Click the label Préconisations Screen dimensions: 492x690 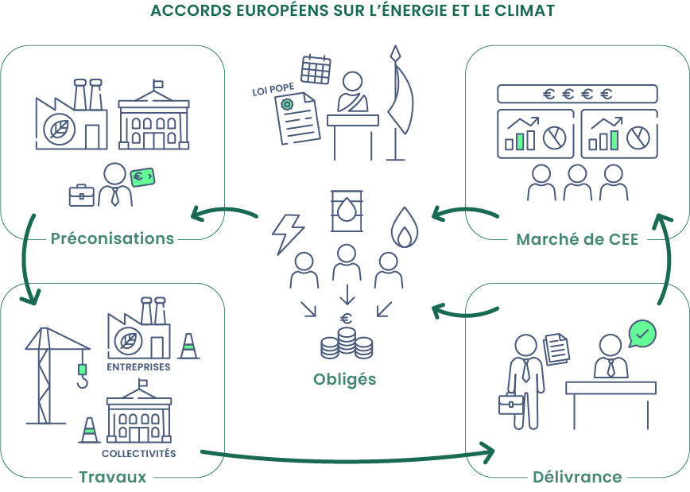click(x=112, y=238)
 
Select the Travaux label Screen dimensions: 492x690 click(x=112, y=477)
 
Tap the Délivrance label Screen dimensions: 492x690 click(x=576, y=477)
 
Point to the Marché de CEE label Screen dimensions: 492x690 click(x=577, y=238)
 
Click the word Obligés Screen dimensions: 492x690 click(x=344, y=378)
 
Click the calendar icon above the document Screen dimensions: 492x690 click(x=316, y=68)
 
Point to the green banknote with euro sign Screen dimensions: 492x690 click(x=142, y=177)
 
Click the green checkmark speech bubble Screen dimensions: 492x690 click(x=642, y=333)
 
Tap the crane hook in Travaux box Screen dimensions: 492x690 click(x=81, y=375)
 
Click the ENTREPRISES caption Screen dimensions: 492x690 click(x=138, y=368)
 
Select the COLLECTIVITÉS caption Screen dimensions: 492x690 click(x=138, y=454)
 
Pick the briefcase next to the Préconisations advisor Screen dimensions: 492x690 click(x=81, y=195)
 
